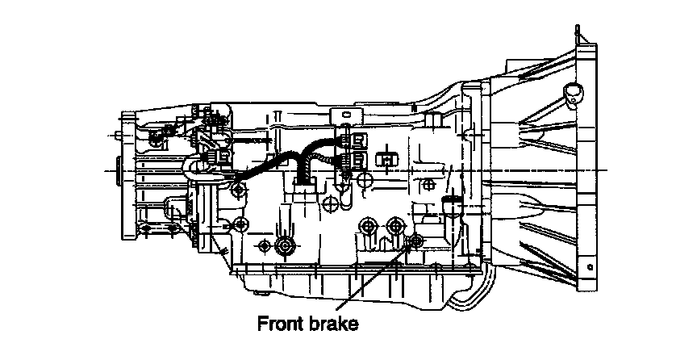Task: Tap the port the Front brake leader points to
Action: point(417,242)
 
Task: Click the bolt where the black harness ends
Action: point(237,190)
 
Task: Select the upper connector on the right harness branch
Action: point(356,140)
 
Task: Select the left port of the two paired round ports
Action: point(369,226)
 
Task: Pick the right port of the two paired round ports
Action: point(395,225)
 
